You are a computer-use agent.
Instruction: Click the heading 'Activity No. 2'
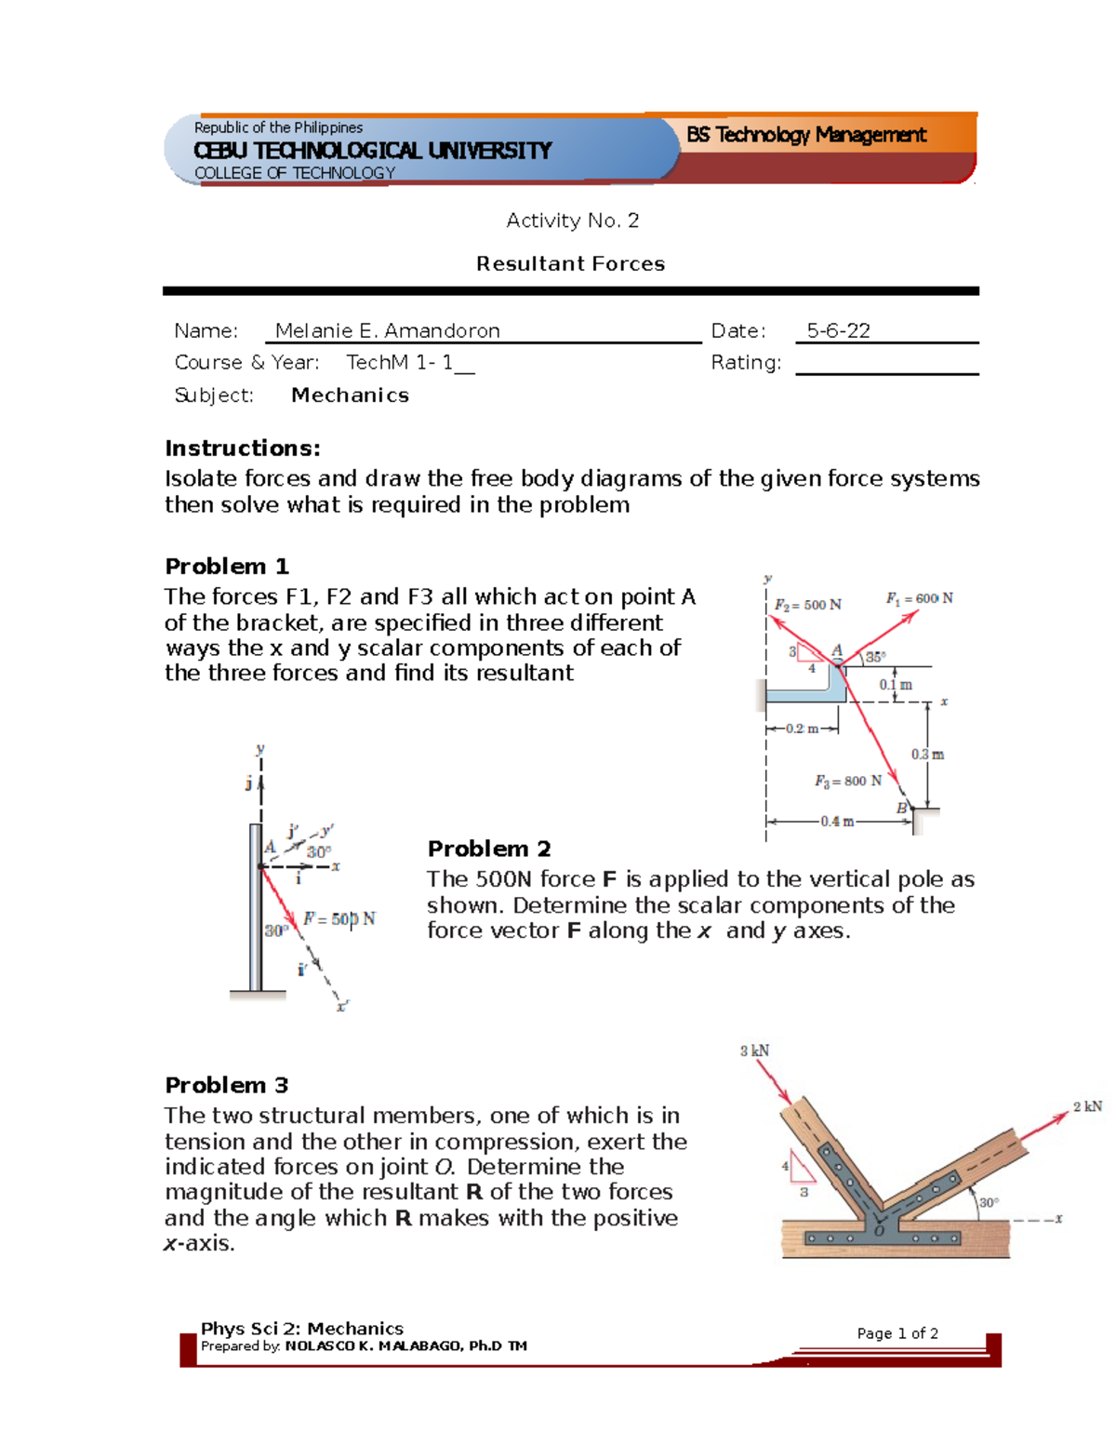click(x=572, y=221)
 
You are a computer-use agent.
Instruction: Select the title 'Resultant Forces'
click(x=570, y=264)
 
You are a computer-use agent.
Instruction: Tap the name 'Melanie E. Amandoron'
click(x=387, y=331)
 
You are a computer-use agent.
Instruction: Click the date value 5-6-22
click(x=838, y=331)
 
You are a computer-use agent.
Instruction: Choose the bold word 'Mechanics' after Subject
click(x=350, y=395)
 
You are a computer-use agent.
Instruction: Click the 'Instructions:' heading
click(x=243, y=448)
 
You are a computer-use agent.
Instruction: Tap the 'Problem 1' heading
click(x=227, y=567)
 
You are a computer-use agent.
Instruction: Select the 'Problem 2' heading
click(x=489, y=849)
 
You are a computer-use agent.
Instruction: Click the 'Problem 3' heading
click(x=227, y=1086)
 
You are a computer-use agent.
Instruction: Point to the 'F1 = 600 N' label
click(x=919, y=598)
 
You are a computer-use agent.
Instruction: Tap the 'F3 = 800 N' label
click(x=848, y=782)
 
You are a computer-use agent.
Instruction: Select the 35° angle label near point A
click(x=875, y=657)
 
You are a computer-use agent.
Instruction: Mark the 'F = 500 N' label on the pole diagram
click(x=339, y=919)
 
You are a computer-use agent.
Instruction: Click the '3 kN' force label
click(x=754, y=1050)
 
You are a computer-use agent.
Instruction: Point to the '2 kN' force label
click(x=1086, y=1106)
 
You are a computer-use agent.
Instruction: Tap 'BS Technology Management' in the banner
click(x=806, y=135)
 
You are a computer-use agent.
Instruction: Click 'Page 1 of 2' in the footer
click(x=897, y=1333)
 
